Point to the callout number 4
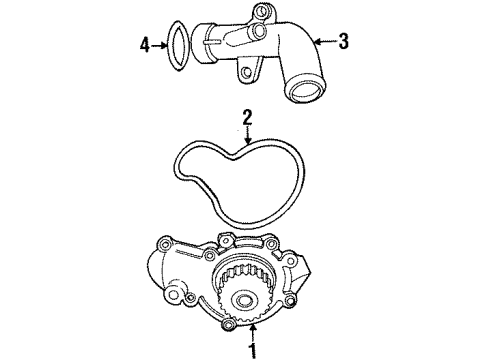coord(143,43)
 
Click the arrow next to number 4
coord(156,43)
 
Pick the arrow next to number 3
coord(326,41)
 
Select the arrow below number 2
coord(247,137)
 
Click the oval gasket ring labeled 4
coord(178,44)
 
